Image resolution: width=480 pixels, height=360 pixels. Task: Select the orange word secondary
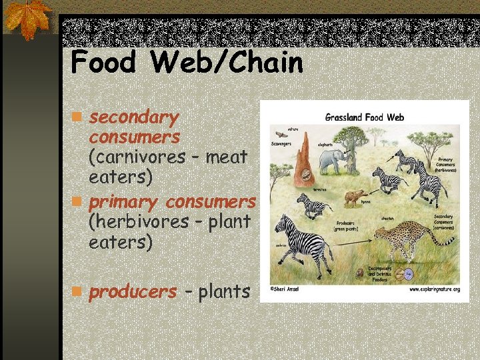point(134,118)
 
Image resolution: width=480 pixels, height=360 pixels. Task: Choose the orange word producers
point(133,291)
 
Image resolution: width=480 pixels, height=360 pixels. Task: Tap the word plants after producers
point(224,291)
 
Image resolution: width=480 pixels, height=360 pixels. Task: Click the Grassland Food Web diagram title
point(364,117)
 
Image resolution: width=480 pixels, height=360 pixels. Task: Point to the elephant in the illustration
point(332,161)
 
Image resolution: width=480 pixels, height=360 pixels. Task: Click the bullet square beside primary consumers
point(77,200)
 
